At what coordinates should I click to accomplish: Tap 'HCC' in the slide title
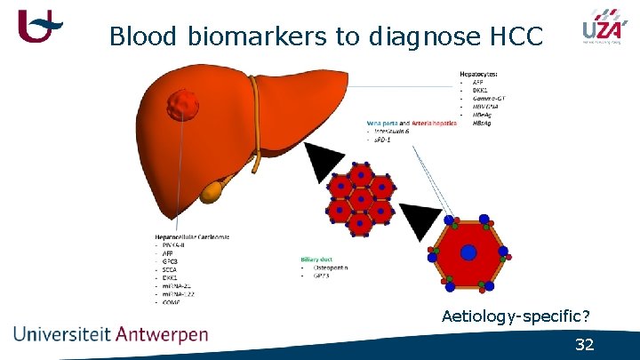pos(522,36)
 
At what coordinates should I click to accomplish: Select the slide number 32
pos(584,345)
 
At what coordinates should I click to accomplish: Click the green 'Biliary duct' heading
pos(319,259)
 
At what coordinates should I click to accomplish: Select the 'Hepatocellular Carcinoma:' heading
pos(192,236)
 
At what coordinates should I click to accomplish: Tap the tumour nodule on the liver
pos(184,106)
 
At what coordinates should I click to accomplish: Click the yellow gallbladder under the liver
pos(213,188)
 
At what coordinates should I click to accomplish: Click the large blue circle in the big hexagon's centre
pos(468,252)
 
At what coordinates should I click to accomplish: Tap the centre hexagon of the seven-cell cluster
pos(360,196)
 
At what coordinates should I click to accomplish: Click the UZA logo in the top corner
pos(602,28)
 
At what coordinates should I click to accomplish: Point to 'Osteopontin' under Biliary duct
pos(330,268)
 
